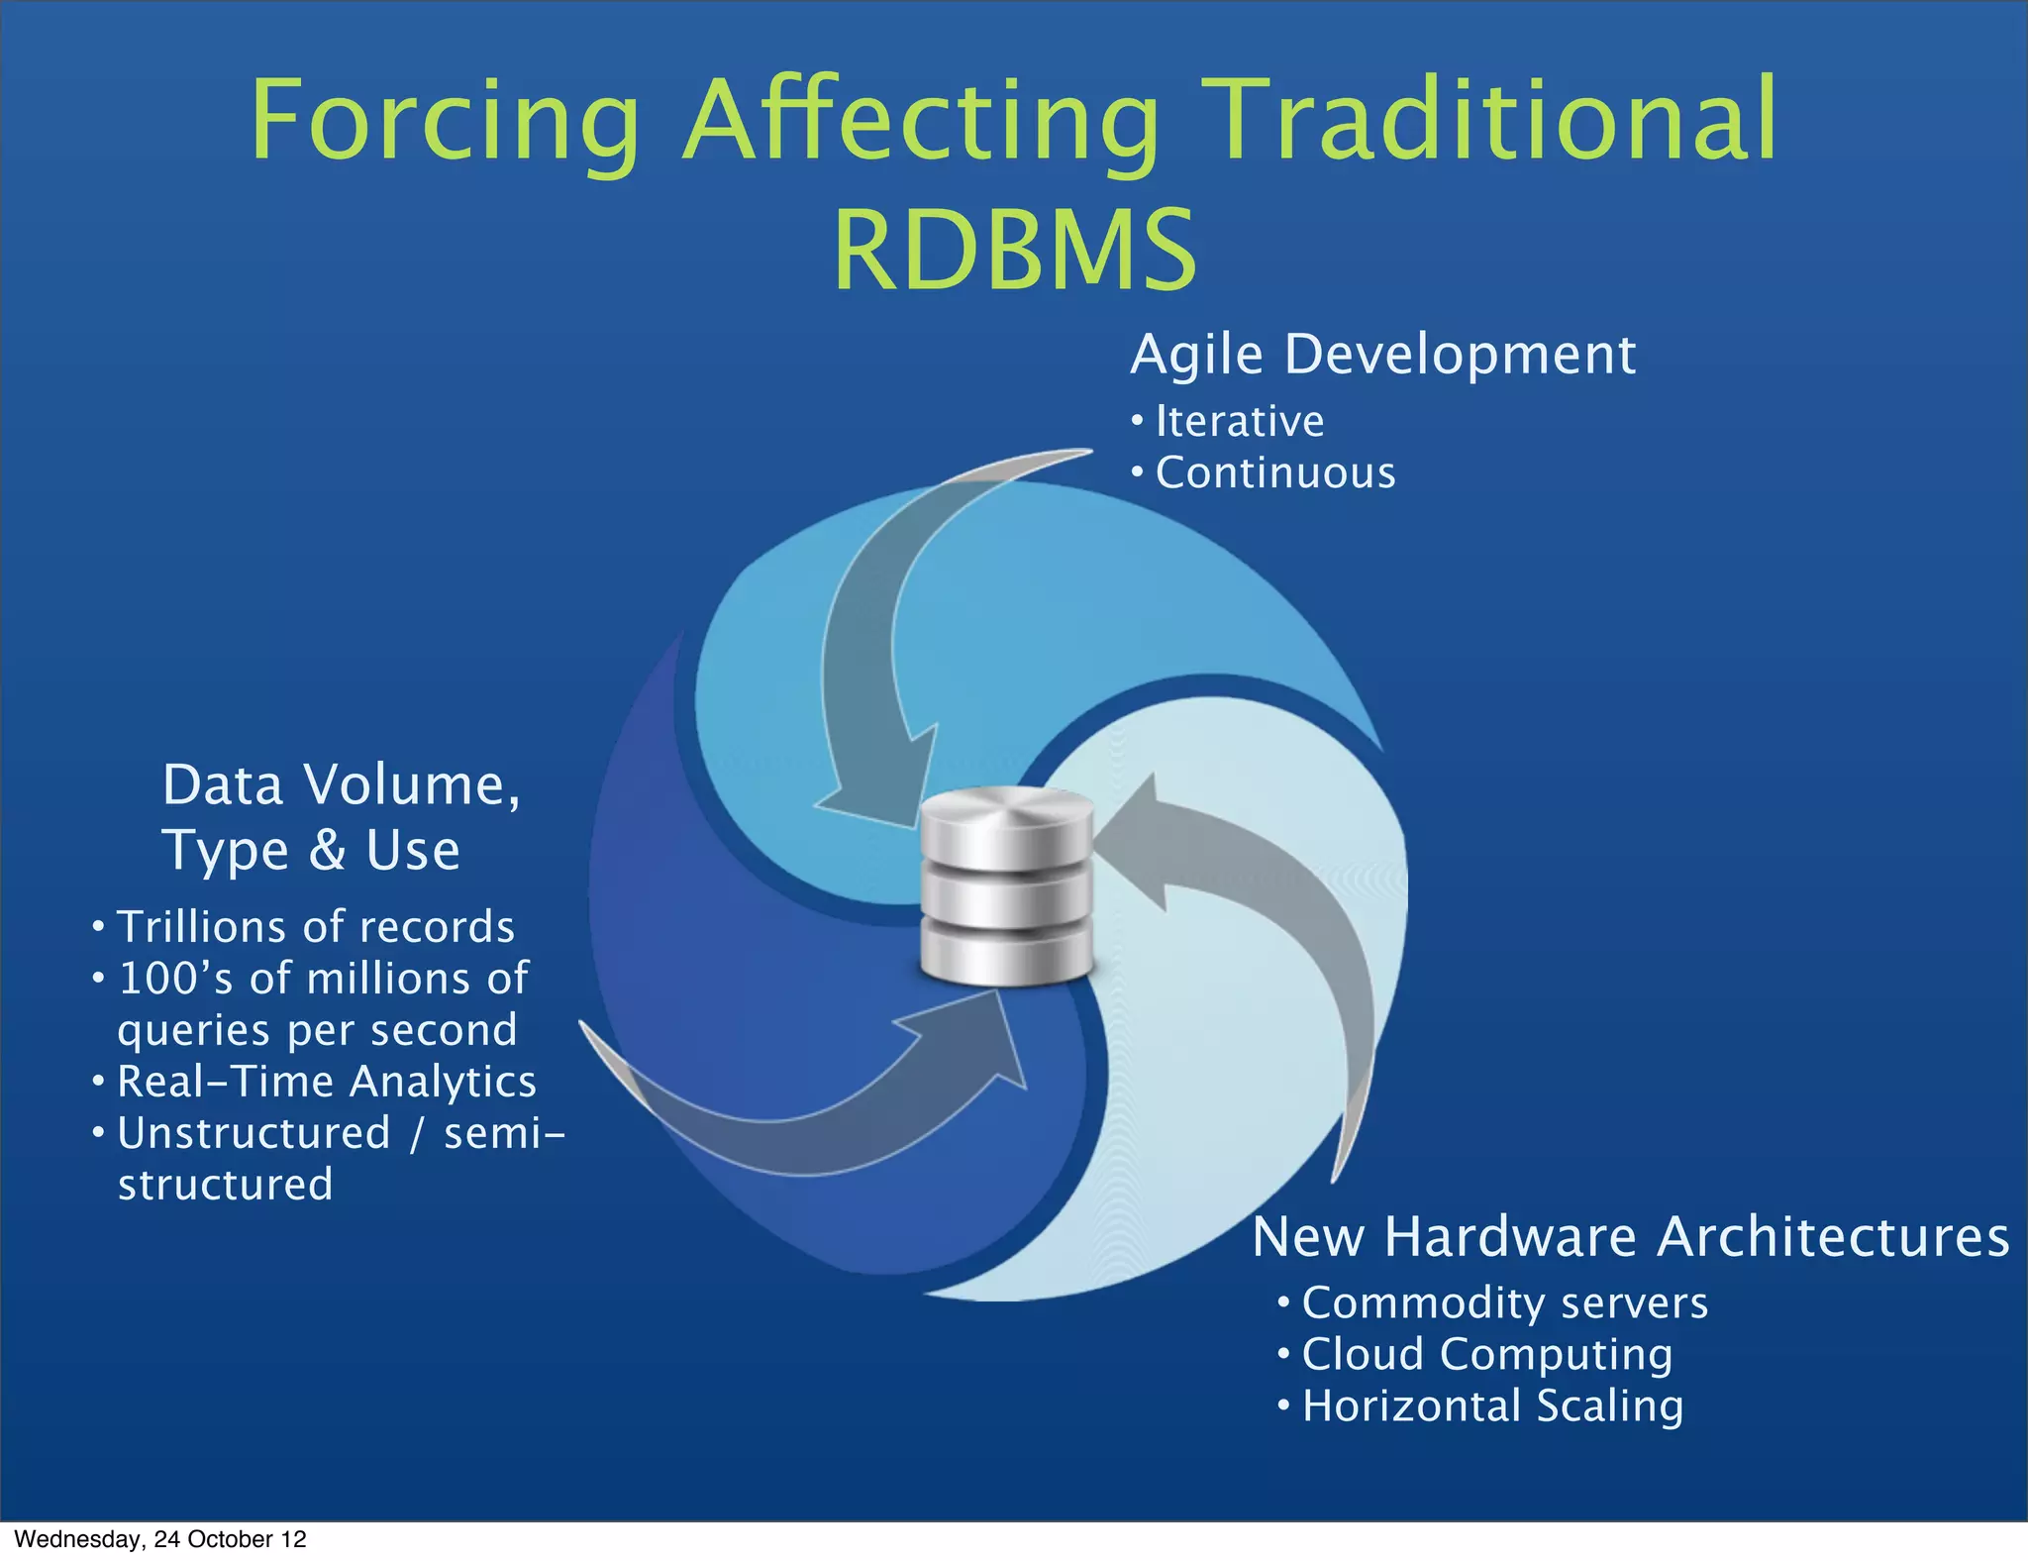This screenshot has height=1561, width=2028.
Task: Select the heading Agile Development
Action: [x=1382, y=355]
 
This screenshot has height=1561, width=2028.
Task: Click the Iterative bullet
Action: [x=1239, y=422]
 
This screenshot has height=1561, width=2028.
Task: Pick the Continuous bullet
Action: [x=1274, y=473]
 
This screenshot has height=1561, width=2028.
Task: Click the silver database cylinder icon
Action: [x=1007, y=885]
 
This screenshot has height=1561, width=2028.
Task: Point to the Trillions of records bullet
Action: [x=315, y=927]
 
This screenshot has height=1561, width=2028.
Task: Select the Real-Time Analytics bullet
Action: [x=326, y=1082]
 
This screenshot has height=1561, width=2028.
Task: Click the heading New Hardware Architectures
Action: [x=1630, y=1237]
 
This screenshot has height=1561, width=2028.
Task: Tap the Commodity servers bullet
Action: [x=1504, y=1303]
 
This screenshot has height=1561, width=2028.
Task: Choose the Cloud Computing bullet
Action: [x=1486, y=1355]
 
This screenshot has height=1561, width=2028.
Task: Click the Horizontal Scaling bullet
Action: [x=1492, y=1406]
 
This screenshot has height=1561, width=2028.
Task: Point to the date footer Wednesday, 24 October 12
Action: [x=160, y=1539]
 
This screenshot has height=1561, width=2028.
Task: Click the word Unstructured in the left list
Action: [x=254, y=1133]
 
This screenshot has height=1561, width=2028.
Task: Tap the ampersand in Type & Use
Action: [x=327, y=850]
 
